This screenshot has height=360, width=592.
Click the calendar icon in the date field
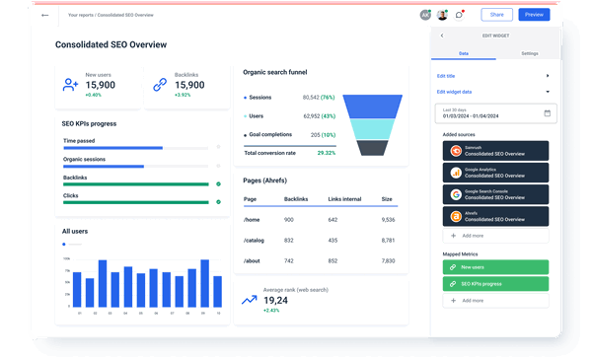click(x=546, y=112)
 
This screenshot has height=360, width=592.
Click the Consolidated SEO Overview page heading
click(x=111, y=44)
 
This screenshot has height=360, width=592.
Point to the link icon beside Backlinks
click(x=159, y=86)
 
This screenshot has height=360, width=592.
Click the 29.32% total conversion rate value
click(x=326, y=153)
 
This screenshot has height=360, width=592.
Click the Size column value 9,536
click(x=387, y=219)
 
